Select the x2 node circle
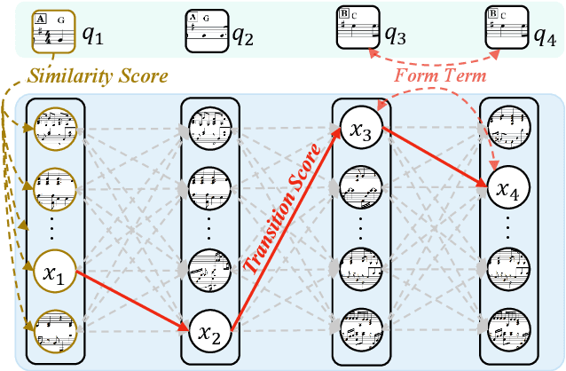click(209, 333)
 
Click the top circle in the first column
click(55, 130)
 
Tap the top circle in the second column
click(209, 130)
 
